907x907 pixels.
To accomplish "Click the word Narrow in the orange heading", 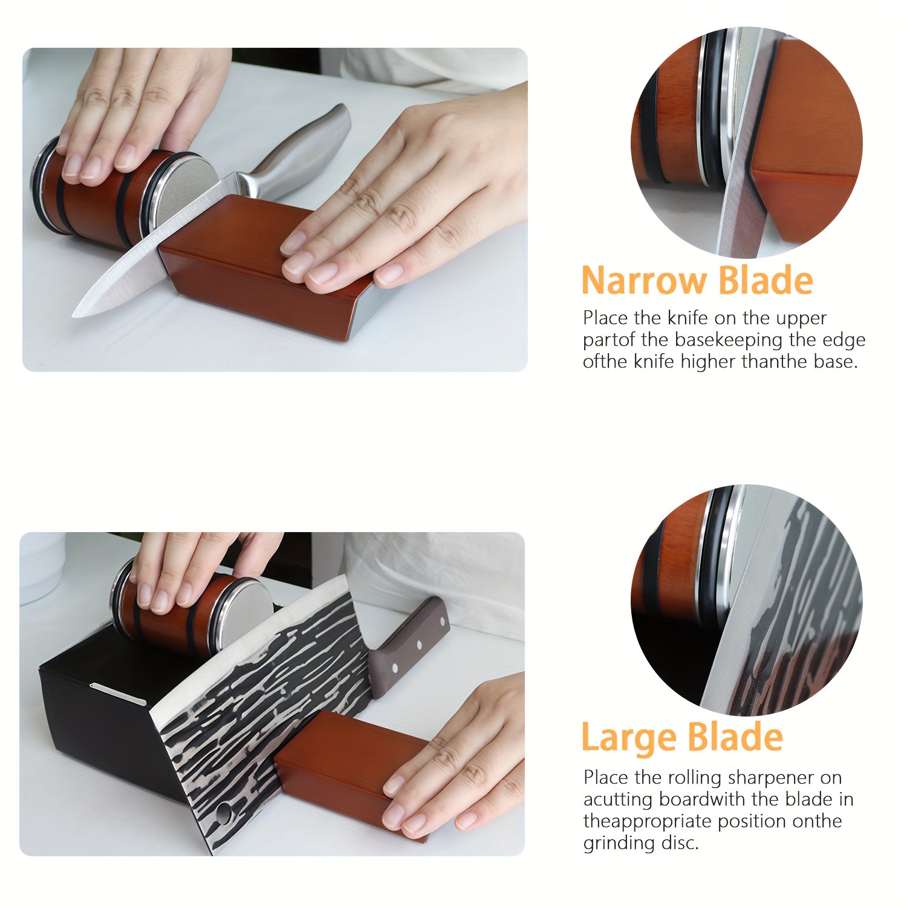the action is coord(645,281).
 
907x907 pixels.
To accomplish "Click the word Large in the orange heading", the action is coord(629,737).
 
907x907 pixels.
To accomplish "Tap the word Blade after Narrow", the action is coord(766,281).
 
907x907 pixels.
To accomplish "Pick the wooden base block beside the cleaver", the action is coord(354,771).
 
